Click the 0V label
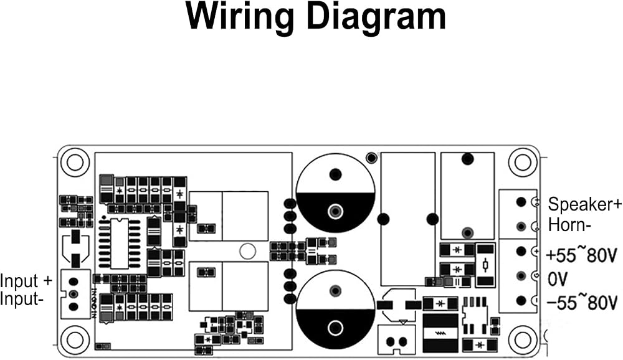pos(558,279)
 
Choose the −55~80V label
pos(583,301)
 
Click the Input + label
pos(26,280)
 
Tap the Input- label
pos(21,298)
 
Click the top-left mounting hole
pos(74,162)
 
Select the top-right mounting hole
pos(523,162)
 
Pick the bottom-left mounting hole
pos(74,339)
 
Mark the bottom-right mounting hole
pos(523,339)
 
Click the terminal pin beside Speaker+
pos(521,202)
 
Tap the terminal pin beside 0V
pos(521,276)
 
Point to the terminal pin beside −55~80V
pos(521,301)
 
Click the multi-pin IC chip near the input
pos(119,243)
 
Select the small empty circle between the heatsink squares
pos(247,251)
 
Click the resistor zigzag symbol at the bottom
pos(440,333)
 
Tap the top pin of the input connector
pos(74,282)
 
